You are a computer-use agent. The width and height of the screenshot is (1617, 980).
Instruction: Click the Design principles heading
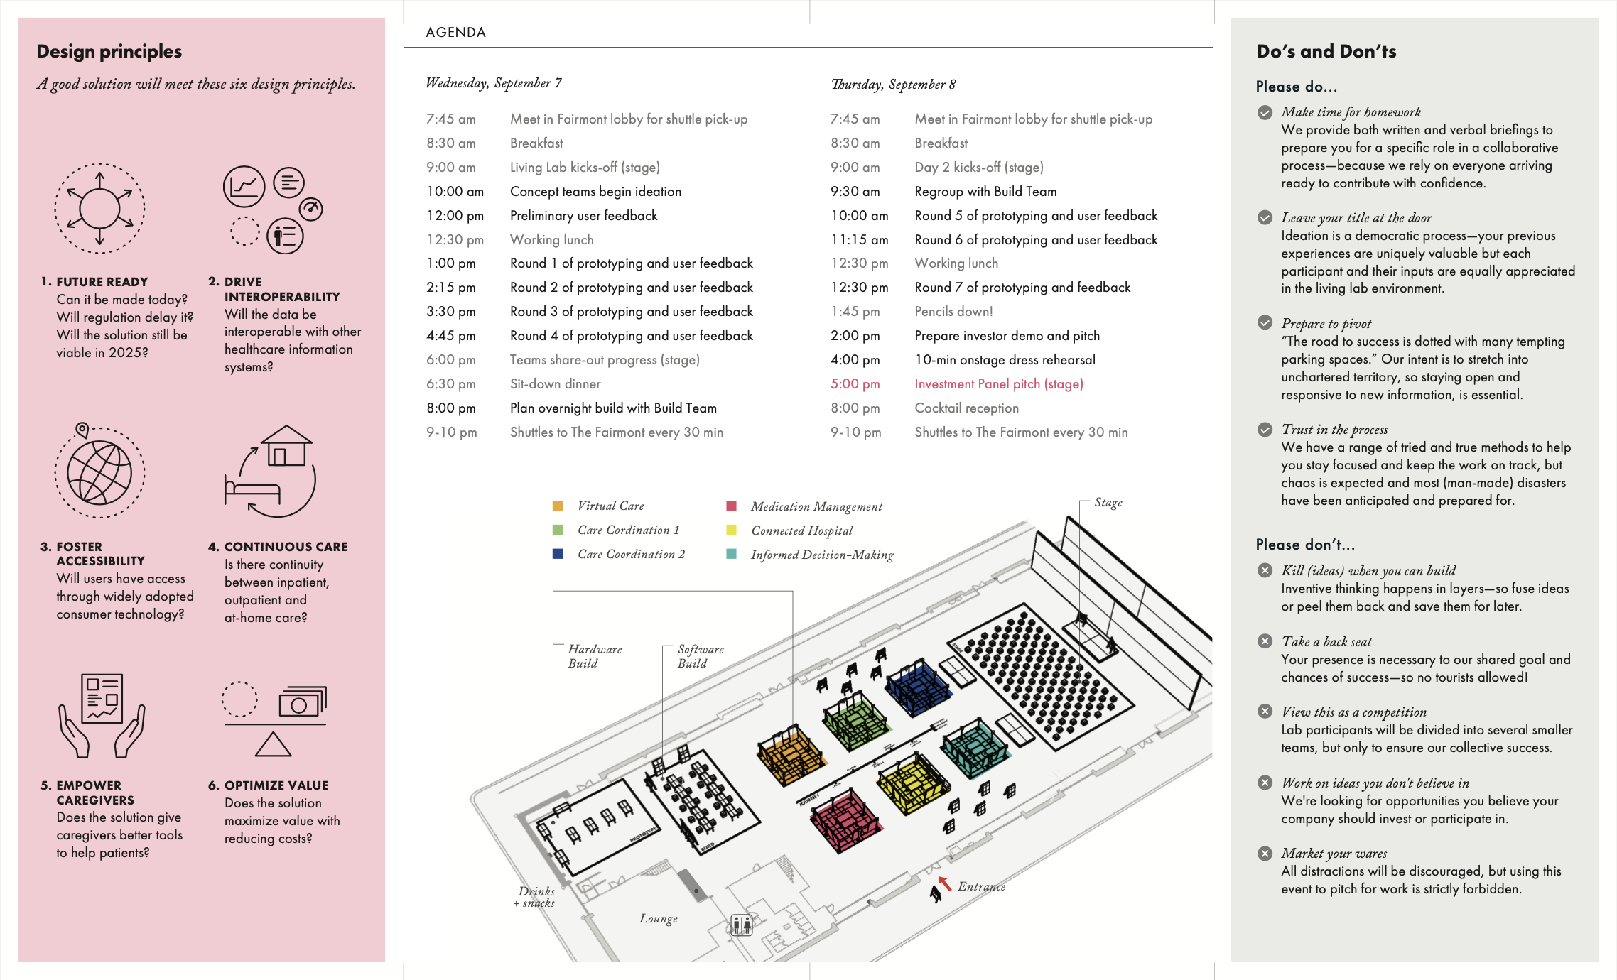point(109,51)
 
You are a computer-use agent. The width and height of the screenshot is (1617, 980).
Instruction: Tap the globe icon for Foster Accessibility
point(99,472)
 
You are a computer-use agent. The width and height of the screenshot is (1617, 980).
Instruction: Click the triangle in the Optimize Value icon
point(274,744)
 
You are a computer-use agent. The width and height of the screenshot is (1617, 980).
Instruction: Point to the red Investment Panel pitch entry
point(998,384)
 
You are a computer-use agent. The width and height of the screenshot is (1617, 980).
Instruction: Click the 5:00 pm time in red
point(855,384)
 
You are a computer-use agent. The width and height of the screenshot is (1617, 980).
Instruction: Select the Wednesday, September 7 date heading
point(494,83)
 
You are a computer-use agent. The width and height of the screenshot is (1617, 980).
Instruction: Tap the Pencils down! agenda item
point(953,312)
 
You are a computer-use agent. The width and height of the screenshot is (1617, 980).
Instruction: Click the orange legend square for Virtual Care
point(558,506)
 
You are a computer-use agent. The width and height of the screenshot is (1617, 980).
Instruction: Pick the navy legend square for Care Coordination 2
point(558,554)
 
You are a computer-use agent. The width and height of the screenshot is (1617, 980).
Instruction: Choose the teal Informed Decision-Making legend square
point(731,554)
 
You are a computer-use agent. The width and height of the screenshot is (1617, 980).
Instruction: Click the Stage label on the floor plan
point(1108,503)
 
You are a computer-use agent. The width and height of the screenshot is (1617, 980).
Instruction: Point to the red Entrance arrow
point(944,883)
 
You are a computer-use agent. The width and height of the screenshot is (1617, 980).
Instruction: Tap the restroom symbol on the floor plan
point(741,925)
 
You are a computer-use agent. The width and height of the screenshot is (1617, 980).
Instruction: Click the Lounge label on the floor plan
point(658,918)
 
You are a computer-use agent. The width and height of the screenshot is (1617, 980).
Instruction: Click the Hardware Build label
point(595,656)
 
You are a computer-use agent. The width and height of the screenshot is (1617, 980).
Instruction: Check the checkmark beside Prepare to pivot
point(1265,323)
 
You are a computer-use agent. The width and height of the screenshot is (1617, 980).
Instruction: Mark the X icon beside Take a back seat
point(1265,641)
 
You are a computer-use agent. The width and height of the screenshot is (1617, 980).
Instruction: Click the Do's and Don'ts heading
point(1326,51)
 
